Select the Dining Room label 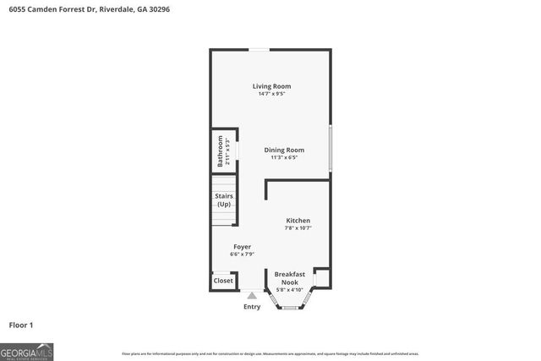pos(284,150)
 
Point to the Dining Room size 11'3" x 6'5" pos(284,158)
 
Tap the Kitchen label pos(298,220)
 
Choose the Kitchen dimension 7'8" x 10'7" pos(298,228)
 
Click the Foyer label pos(243,246)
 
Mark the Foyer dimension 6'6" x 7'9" pos(243,254)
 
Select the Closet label pos(223,281)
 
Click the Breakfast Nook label pos(289,278)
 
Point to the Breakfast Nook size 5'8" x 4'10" pos(289,291)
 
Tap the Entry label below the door pos(252,307)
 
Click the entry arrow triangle pos(252,296)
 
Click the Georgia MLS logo pos(27,351)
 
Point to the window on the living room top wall pos(259,50)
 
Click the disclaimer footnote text pos(270,353)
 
